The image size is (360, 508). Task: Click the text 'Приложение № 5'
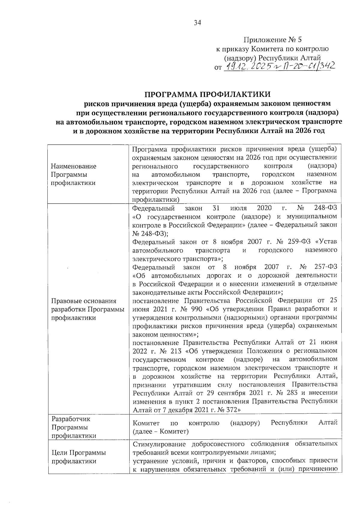(272, 40)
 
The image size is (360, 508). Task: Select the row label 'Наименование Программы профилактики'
(73, 174)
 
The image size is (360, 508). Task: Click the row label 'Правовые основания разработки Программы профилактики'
(88, 309)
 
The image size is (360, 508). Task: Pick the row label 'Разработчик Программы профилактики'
(73, 427)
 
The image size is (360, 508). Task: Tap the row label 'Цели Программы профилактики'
(79, 457)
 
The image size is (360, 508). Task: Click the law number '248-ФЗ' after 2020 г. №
(325, 208)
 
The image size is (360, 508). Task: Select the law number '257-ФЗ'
(326, 267)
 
